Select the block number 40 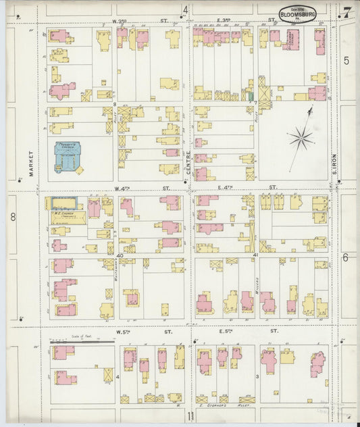[x=120, y=255]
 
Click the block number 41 [x=255, y=255]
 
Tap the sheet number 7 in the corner [x=346, y=11]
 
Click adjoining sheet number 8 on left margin [x=12, y=217]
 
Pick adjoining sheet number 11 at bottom [x=191, y=416]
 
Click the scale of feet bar [x=82, y=341]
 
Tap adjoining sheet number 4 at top [x=185, y=9]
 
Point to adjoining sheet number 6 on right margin [x=344, y=257]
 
